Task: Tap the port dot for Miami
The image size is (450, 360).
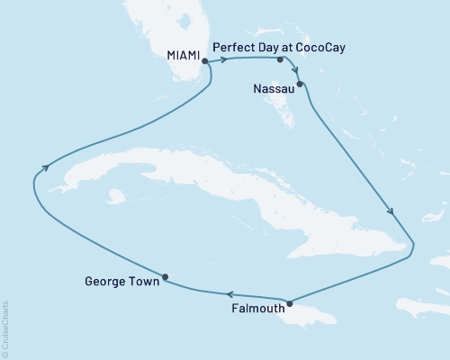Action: pyautogui.click(x=205, y=61)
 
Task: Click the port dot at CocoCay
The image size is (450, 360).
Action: pyautogui.click(x=281, y=60)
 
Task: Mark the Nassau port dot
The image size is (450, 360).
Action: pyautogui.click(x=301, y=85)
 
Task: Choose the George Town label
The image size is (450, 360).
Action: pyautogui.click(x=121, y=281)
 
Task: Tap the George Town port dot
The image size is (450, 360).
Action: pyautogui.click(x=165, y=276)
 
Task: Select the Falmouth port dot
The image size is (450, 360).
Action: pyautogui.click(x=289, y=302)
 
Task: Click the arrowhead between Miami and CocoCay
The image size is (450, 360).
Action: pyautogui.click(x=220, y=60)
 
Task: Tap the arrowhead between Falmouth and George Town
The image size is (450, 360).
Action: pyautogui.click(x=230, y=293)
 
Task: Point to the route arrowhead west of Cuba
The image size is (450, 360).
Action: pyautogui.click(x=43, y=166)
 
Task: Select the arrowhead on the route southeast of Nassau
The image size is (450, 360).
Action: pyautogui.click(x=391, y=212)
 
